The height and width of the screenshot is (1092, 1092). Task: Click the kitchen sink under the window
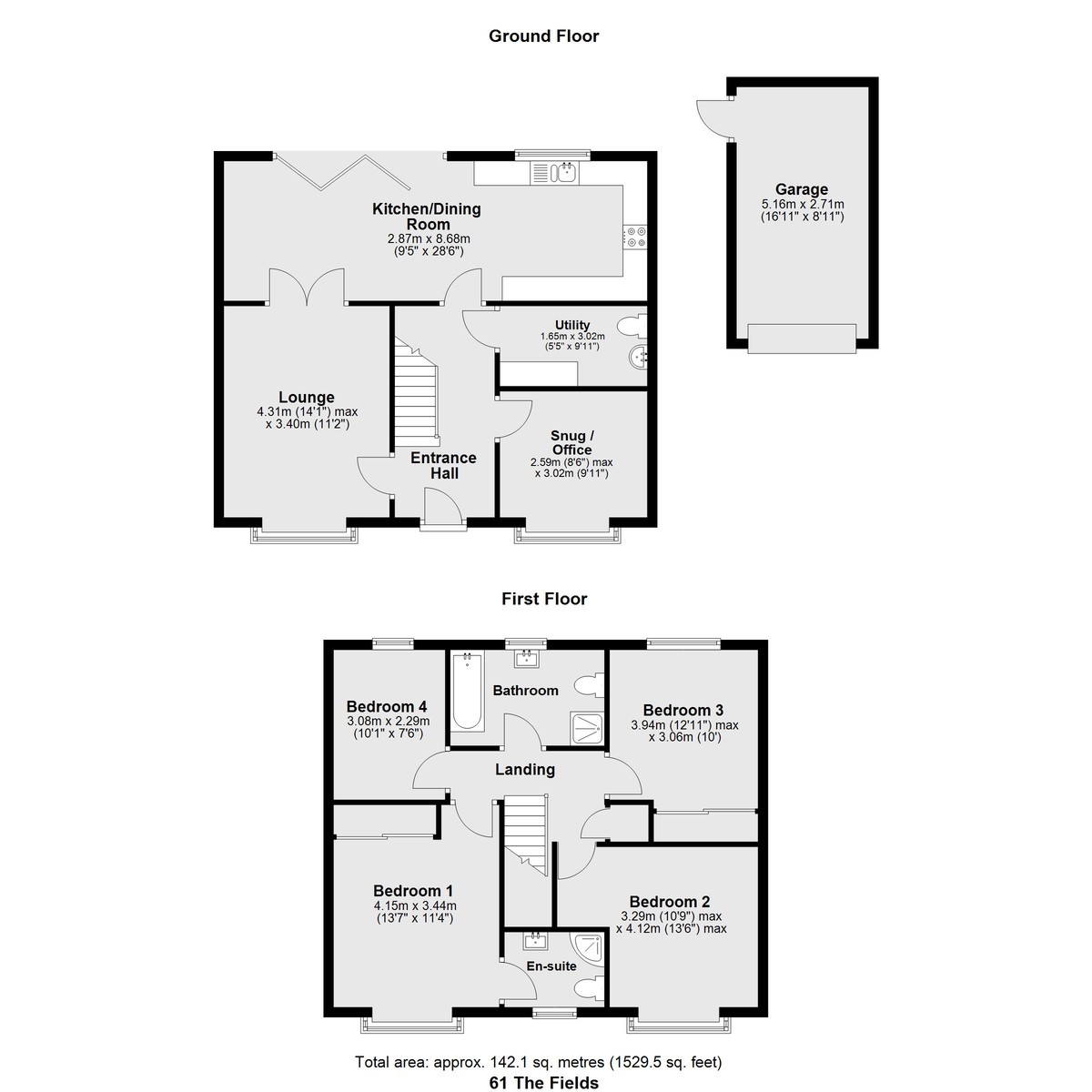click(x=553, y=173)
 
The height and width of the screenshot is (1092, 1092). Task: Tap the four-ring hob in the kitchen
click(x=635, y=237)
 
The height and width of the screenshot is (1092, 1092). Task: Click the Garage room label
click(x=802, y=189)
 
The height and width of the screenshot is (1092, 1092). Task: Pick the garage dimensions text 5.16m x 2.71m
click(x=803, y=204)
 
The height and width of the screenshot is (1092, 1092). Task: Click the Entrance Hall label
click(x=444, y=466)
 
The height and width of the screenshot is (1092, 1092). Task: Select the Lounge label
click(x=307, y=398)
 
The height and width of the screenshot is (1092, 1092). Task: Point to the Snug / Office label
click(x=572, y=442)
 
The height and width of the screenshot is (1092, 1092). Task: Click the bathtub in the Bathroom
click(x=468, y=691)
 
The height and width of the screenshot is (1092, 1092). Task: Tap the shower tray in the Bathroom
click(x=587, y=728)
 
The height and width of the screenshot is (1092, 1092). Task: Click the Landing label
click(x=525, y=770)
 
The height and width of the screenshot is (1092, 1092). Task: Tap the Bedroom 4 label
click(x=387, y=707)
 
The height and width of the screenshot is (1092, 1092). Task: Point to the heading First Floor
click(x=544, y=599)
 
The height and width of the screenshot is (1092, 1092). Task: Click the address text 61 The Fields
click(x=544, y=1083)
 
